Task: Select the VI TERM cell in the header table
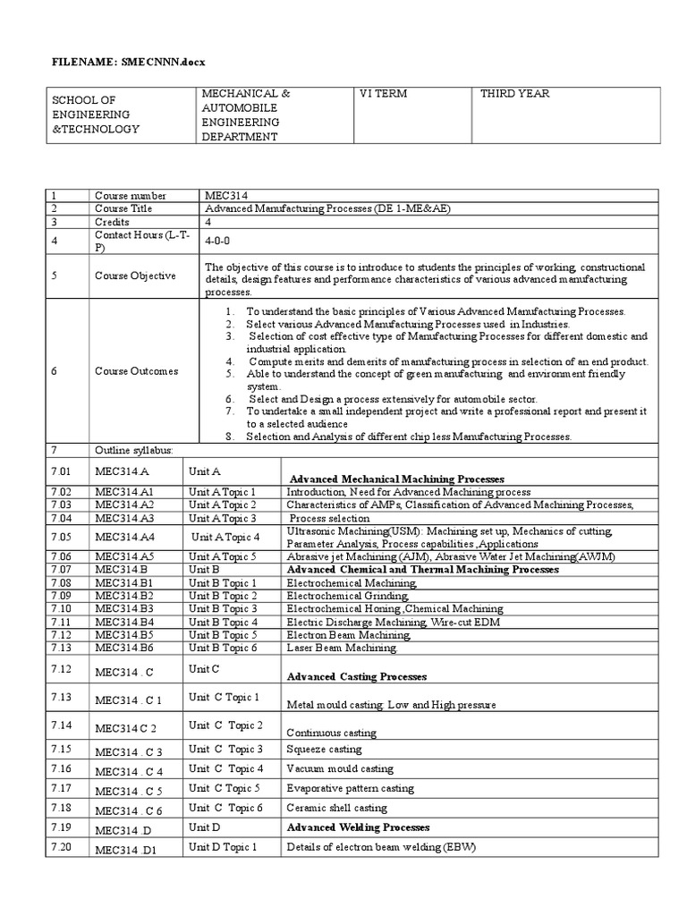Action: tap(382, 94)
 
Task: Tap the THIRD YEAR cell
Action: tap(515, 94)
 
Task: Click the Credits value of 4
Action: tap(208, 222)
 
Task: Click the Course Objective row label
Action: tap(135, 276)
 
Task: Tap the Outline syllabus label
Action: tap(134, 449)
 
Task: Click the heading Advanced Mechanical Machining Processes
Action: tap(397, 479)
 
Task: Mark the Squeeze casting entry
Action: tap(324, 749)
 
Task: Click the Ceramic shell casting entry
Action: tap(336, 808)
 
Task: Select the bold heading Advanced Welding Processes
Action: tap(358, 827)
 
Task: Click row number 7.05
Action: tap(60, 538)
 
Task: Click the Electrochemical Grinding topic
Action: tap(346, 596)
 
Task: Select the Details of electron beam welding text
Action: tap(381, 847)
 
